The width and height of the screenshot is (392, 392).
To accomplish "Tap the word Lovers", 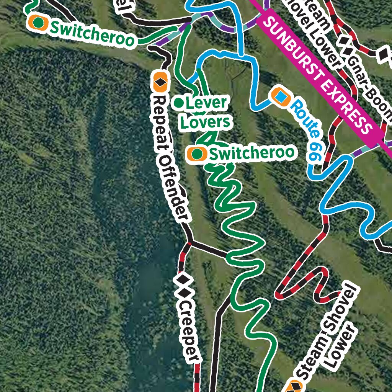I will coord(206,122).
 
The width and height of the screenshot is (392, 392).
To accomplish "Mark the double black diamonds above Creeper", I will coord(183,285).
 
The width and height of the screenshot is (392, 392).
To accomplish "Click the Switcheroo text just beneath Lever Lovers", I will coord(252,153).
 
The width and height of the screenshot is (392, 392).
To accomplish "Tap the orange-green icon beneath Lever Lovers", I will coord(197,154).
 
